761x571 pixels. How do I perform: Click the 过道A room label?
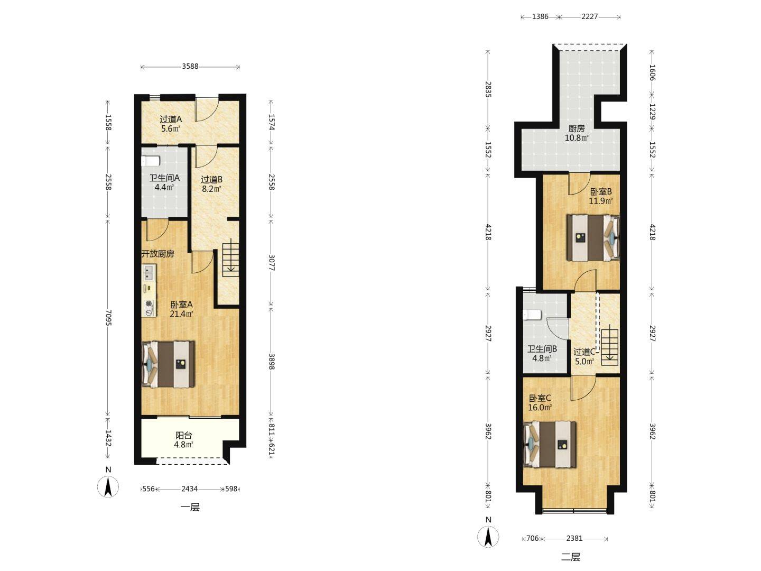171,119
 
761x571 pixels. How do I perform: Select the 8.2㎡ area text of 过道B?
211,189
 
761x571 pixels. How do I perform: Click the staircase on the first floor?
230,259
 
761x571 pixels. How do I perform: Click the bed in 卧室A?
168,364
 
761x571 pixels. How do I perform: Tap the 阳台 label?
183,436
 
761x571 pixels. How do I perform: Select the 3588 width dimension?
190,66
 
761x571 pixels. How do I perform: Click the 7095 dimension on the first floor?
108,318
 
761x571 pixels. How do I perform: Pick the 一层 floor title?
190,508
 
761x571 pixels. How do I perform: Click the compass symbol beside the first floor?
108,486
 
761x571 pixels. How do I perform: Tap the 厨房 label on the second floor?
576,128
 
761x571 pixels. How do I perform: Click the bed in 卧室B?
593,238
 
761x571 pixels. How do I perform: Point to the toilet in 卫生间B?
532,315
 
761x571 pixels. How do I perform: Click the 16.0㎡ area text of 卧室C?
540,408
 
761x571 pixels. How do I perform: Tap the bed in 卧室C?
550,445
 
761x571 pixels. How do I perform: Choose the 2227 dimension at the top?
589,16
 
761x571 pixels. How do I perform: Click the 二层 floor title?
571,557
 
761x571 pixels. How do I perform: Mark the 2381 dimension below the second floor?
574,538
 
